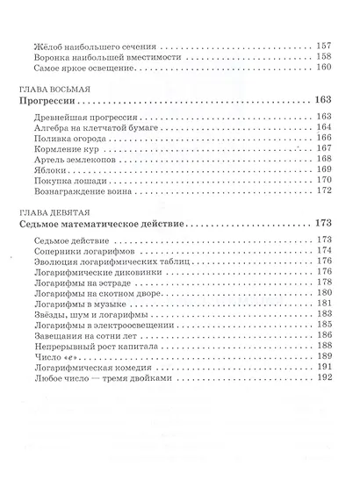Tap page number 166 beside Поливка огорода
(x=323, y=144)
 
